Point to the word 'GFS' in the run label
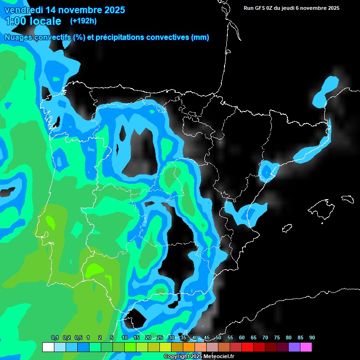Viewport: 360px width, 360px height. coord(261,8)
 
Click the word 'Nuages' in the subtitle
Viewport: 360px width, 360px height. coord(18,37)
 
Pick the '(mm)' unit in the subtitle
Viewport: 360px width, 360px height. coord(200,37)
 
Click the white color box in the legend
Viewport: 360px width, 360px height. coord(48,347)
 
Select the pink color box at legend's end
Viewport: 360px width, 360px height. coord(306,347)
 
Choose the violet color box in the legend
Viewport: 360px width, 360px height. coord(294,347)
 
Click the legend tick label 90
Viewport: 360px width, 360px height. coord(312,337)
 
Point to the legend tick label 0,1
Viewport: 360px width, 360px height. coord(54,337)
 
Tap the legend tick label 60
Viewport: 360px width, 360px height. coord(241,337)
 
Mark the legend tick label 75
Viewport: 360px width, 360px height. coord(277,337)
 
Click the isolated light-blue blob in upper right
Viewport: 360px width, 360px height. coord(326,90)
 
